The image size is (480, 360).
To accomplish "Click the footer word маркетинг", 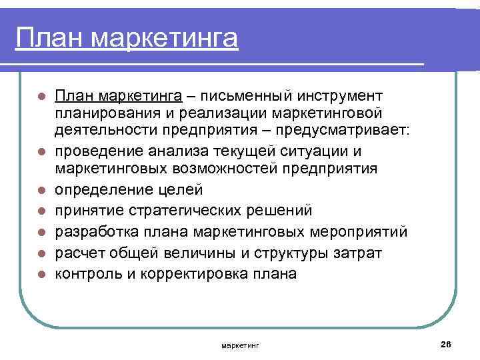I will (241, 345).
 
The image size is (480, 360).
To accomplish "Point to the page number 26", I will (446, 343).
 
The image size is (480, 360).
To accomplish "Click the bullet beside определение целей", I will (41, 191).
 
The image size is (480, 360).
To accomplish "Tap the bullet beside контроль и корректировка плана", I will (41, 274).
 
